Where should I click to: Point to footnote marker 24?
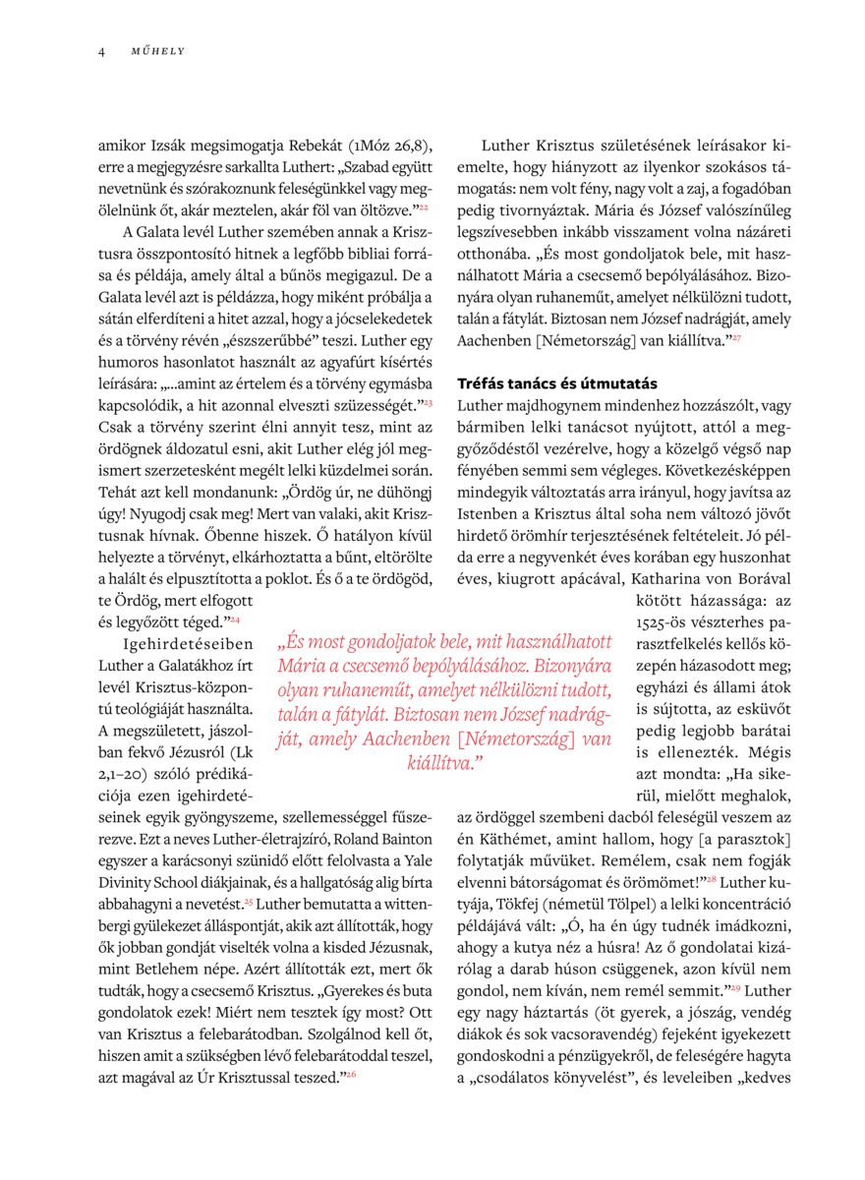(x=235, y=619)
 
